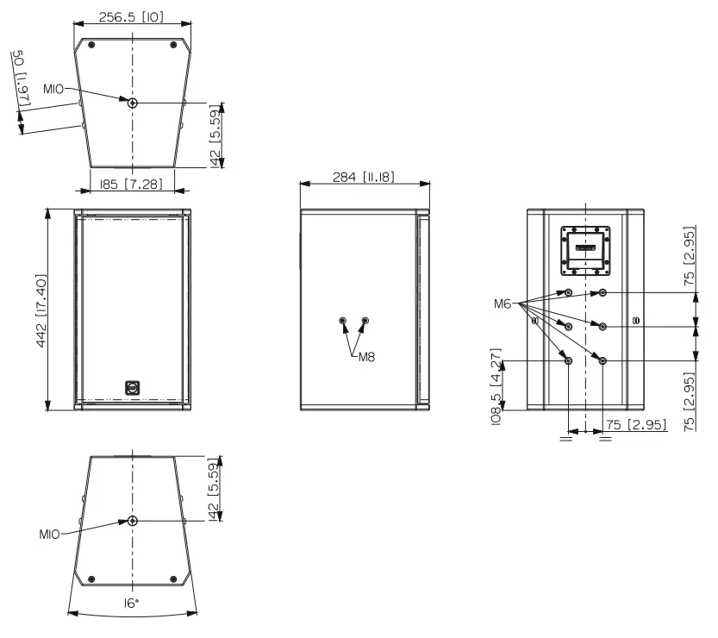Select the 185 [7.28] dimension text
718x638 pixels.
132,185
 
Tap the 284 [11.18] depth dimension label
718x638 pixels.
364,177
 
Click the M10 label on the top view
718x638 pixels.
54,90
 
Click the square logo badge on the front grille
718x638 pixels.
132,387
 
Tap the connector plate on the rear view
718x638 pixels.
585,249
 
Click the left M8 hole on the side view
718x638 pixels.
344,322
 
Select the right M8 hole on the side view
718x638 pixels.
365,322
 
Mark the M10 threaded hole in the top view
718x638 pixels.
132,103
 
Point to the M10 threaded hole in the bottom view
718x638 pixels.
132,521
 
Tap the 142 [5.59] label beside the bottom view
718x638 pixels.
215,488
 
